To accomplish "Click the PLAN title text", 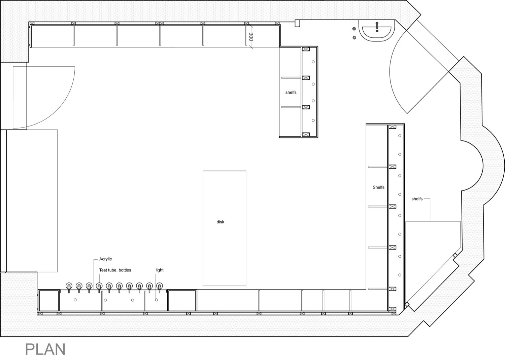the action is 45,350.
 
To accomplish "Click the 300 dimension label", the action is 251,37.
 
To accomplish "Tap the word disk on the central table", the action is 220,222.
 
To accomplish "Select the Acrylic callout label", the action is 105,259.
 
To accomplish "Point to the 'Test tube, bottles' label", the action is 115,270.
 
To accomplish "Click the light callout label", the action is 160,270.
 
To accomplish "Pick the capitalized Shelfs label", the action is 378,187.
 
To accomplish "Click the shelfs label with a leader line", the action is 417,199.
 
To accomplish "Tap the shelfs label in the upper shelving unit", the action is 291,92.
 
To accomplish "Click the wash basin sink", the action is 377,31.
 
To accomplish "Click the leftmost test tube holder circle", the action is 69,286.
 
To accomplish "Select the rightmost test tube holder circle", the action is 159,286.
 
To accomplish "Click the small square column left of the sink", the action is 297,24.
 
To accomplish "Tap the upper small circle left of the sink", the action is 354,29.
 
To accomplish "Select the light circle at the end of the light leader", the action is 157,300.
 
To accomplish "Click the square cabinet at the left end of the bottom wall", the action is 49,301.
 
